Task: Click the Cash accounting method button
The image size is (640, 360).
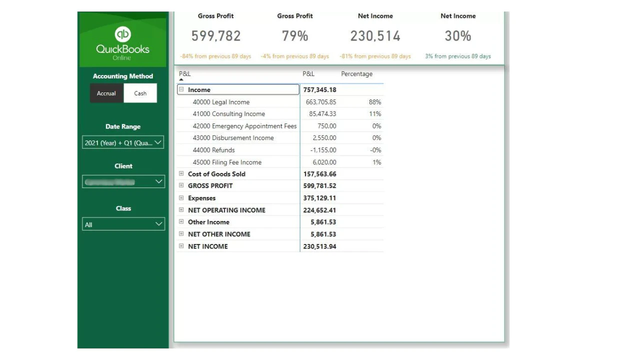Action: [140, 93]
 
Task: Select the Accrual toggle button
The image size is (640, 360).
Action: [106, 93]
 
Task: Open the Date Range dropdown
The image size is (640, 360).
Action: [123, 142]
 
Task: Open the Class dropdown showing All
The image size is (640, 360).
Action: [123, 224]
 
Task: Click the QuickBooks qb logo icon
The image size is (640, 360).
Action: [122, 34]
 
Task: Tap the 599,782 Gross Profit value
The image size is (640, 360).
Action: [216, 36]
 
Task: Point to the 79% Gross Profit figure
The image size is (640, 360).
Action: [295, 36]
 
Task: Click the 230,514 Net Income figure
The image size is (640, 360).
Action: [375, 36]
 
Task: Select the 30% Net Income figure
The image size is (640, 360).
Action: [458, 36]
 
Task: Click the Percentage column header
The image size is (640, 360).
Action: [356, 74]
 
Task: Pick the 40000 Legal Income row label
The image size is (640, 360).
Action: [221, 102]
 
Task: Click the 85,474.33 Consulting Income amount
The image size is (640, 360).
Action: [320, 114]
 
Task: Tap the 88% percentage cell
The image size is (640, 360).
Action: [375, 102]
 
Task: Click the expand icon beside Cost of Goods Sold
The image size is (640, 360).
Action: [181, 174]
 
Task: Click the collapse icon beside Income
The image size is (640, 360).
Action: [181, 90]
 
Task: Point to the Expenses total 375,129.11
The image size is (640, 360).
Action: [319, 198]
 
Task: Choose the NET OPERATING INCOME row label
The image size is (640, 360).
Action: [226, 210]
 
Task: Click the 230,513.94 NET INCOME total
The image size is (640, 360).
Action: [319, 246]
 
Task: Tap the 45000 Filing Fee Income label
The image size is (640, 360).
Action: [227, 162]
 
